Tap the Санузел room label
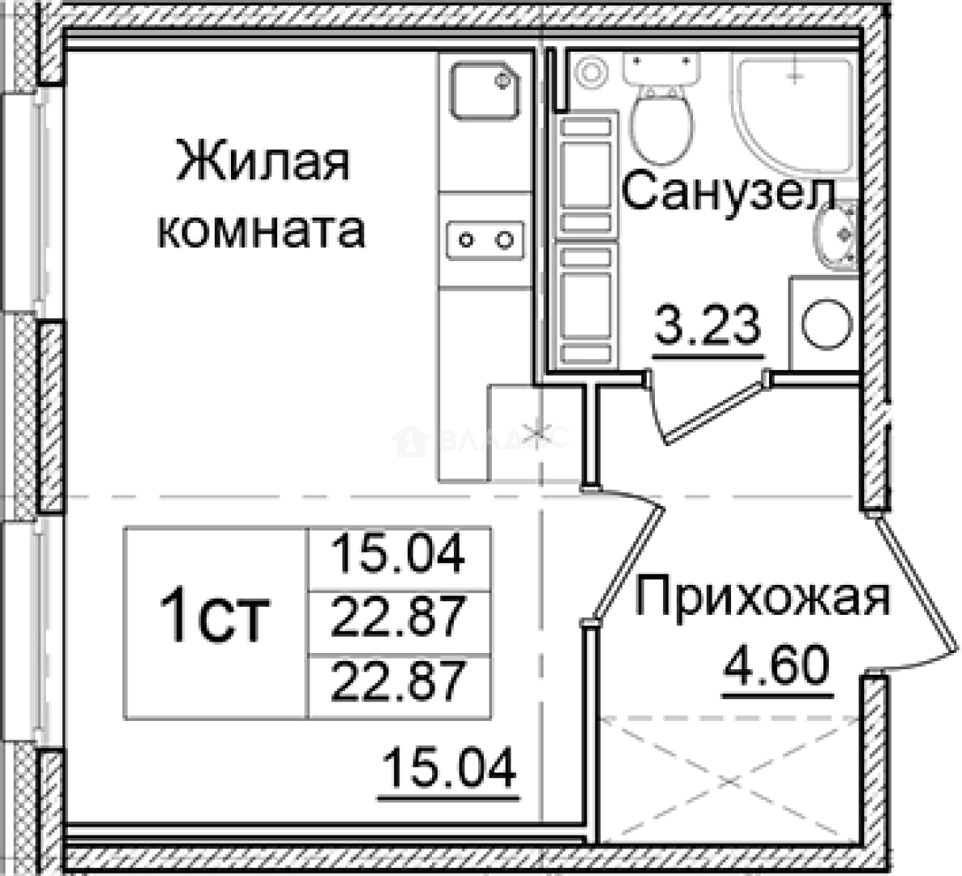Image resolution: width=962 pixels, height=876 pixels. pos(729,193)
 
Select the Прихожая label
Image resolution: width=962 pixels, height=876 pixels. pos(761,599)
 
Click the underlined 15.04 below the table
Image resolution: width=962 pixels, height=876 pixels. pos(448,769)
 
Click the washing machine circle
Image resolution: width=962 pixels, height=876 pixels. pos(827,324)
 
